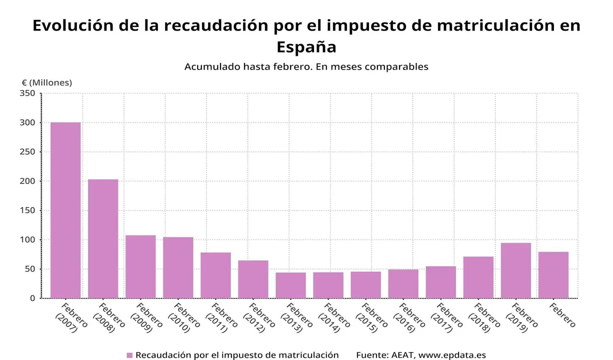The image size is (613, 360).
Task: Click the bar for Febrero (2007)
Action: [65, 210]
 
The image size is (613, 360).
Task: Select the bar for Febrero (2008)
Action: [103, 238]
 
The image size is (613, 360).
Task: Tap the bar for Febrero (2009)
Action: [140, 266]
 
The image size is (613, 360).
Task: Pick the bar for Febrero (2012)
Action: [253, 279]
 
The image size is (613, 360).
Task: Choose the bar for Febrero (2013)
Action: [290, 285]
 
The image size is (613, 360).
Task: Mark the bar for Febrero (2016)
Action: [403, 283]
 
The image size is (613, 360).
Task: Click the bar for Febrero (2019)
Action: [515, 270]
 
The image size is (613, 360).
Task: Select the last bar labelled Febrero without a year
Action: [553, 275]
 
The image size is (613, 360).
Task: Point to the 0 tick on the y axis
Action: [32, 298]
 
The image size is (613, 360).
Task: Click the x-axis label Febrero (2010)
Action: [183, 317]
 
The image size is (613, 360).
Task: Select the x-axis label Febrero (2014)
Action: [333, 317]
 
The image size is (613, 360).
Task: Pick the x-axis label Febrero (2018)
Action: [483, 317]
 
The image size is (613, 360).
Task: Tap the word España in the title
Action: [306, 47]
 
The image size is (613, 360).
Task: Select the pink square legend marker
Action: [129, 355]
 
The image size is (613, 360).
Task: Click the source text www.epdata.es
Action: [452, 355]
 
